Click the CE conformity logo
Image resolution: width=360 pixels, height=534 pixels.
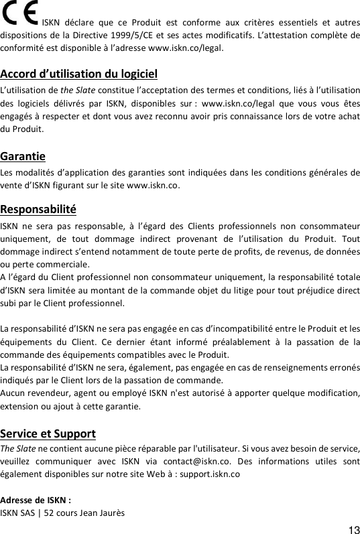19,13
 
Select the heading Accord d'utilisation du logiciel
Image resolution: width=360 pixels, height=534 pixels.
79,74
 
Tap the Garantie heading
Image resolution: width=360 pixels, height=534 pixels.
23,157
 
